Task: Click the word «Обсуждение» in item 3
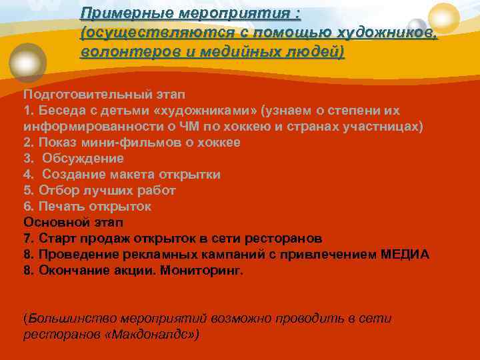pos(83,158)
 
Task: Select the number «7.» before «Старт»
pos(29,238)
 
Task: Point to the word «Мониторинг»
pos(202,270)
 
